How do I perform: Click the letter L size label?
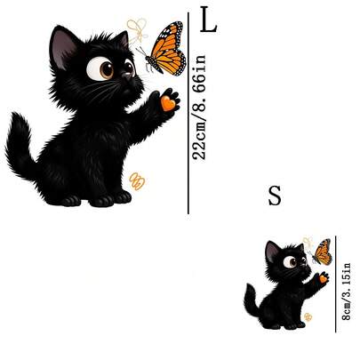click(209, 20)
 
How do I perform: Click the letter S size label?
click(275, 196)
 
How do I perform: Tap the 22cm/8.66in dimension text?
click(198, 108)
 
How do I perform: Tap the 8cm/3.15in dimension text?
click(346, 292)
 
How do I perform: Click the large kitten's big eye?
click(100, 68)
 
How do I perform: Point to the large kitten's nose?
click(128, 76)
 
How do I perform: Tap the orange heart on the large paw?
click(168, 103)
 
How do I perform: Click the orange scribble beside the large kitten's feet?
click(137, 181)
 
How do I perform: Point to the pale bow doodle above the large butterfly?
click(138, 29)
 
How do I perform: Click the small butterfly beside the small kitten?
click(322, 252)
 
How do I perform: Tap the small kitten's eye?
click(290, 262)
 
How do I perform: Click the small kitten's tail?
click(252, 300)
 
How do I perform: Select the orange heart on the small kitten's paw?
click(323, 279)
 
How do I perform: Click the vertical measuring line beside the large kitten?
click(188, 113)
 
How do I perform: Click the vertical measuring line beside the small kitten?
click(336, 284)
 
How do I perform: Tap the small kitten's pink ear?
click(271, 252)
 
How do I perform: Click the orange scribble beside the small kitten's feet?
click(308, 317)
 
